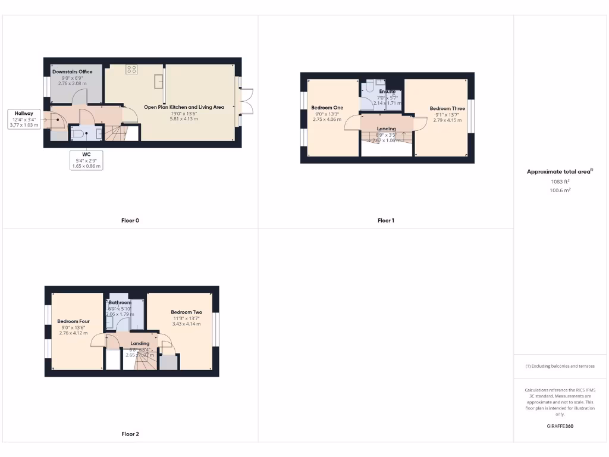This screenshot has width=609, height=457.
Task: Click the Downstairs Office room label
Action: [73, 72]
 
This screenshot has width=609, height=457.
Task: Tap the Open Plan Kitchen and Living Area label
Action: [184, 107]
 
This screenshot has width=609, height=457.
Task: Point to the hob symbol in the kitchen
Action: [131, 70]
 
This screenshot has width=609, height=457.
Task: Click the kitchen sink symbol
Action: [159, 80]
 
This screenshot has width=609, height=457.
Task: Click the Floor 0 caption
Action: [130, 221]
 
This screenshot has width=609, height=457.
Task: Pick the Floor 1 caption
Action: [386, 221]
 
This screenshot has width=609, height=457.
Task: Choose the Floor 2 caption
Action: [130, 434]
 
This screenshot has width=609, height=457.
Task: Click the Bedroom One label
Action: [327, 108]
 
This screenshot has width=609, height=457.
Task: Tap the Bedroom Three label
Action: [447, 109]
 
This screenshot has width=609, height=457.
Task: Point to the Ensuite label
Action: [387, 92]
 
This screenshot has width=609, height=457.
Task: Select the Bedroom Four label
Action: [73, 321]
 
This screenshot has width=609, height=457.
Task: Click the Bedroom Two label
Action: [186, 312]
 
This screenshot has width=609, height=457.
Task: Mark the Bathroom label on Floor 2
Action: [120, 303]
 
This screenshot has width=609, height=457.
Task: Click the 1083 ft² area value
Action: [560, 181]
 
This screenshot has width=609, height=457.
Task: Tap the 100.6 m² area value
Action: [560, 190]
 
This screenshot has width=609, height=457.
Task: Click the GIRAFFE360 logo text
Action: [560, 426]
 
